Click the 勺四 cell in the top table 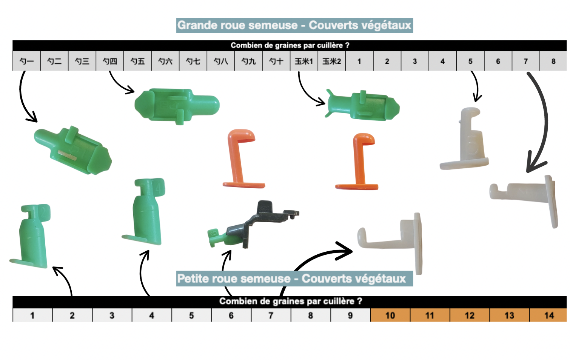tap(110, 61)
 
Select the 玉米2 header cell tap(332, 61)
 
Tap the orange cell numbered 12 tap(470, 315)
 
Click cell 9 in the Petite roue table tap(350, 315)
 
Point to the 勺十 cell tap(276, 61)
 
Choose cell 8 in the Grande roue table tap(553, 61)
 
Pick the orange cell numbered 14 tap(548, 315)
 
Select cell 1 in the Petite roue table tap(32, 315)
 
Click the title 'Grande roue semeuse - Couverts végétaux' tap(294, 25)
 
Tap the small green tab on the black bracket tap(217, 238)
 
